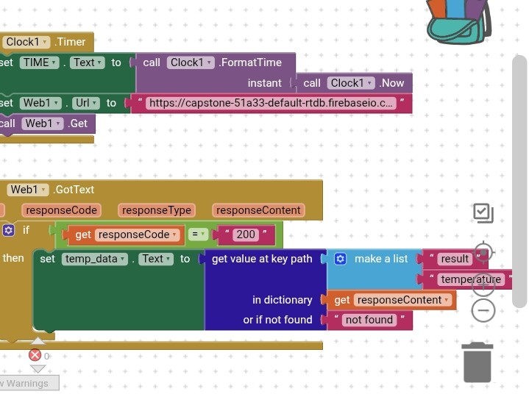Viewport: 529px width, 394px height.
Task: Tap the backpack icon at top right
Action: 458,21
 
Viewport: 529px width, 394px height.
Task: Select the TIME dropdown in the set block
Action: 39,63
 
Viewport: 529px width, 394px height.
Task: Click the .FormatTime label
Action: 250,63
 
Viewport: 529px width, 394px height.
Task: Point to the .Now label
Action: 392,83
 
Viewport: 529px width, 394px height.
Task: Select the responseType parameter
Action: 157,210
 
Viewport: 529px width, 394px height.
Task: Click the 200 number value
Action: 246,235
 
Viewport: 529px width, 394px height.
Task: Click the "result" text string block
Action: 455,259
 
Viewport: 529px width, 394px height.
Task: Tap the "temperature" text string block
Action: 471,279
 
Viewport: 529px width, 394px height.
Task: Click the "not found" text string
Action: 369,320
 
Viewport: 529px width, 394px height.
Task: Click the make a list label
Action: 381,259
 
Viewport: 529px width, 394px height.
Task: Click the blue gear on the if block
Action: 8,230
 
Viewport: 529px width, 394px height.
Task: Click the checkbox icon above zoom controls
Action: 483,213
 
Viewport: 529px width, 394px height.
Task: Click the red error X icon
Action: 34,356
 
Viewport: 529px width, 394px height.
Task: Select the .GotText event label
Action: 74,190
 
